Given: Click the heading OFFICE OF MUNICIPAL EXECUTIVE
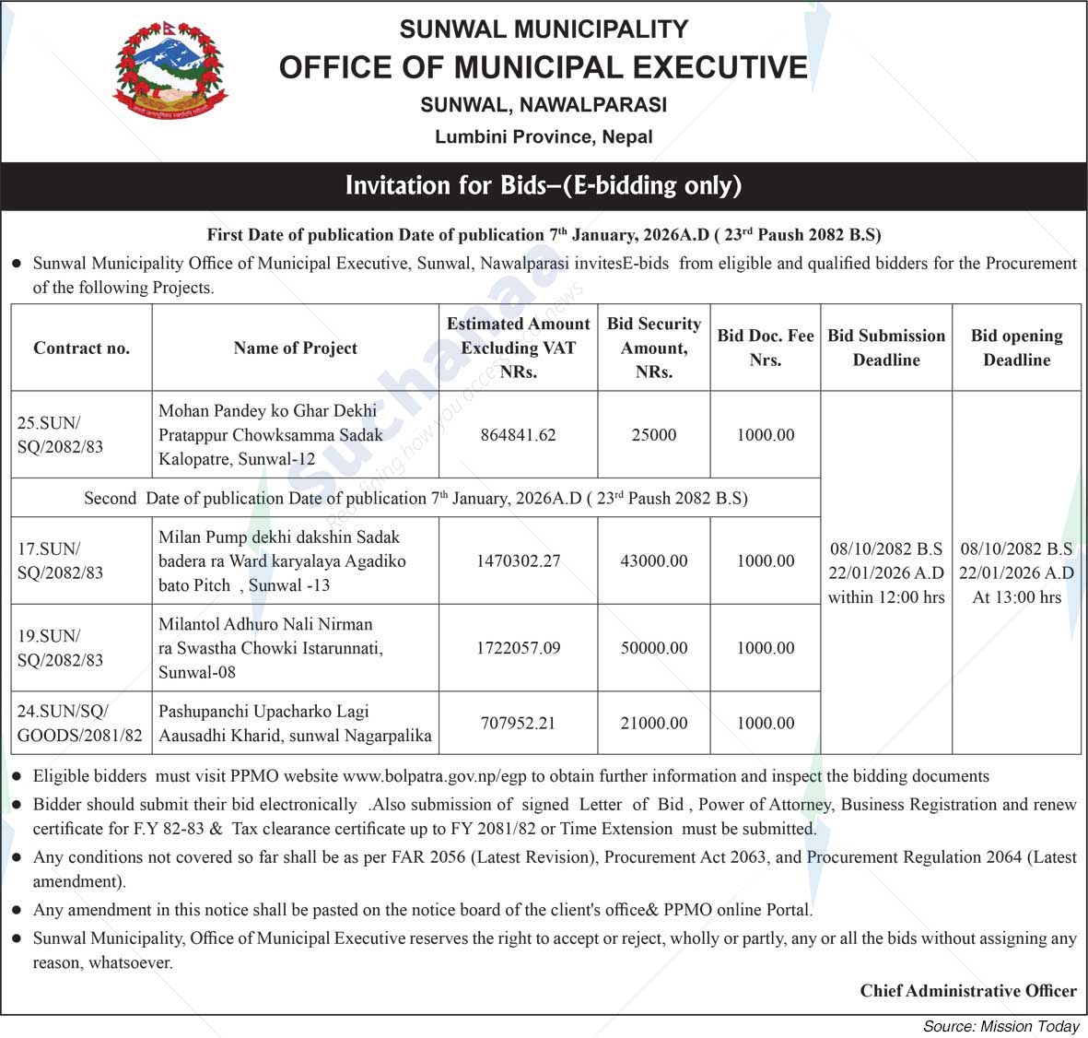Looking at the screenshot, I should tap(543, 67).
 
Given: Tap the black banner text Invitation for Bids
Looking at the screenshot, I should tap(543, 185).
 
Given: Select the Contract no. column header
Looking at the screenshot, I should tap(81, 348).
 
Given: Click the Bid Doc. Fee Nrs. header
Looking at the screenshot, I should tap(766, 348).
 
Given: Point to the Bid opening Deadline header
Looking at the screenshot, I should tap(1016, 348).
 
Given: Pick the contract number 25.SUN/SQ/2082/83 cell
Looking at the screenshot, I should tap(61, 434).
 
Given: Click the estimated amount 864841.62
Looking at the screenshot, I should tap(518, 434).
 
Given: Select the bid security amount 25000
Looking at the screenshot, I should tap(654, 434).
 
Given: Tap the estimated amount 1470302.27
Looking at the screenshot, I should tap(518, 560).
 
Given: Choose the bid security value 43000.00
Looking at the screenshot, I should tap(654, 560).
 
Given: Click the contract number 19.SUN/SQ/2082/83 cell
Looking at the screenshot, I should tap(61, 647).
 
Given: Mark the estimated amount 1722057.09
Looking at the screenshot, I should tap(518, 647).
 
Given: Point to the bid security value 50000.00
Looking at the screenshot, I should tap(654, 647).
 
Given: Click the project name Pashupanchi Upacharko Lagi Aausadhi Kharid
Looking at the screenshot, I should tap(295, 723).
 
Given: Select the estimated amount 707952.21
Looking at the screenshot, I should tap(518, 723).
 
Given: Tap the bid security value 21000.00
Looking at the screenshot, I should tap(654, 723).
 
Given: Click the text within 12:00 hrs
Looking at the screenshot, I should tap(886, 597).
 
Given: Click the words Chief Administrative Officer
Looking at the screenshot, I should tap(968, 990).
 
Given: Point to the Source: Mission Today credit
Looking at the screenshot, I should tap(1000, 1026).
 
